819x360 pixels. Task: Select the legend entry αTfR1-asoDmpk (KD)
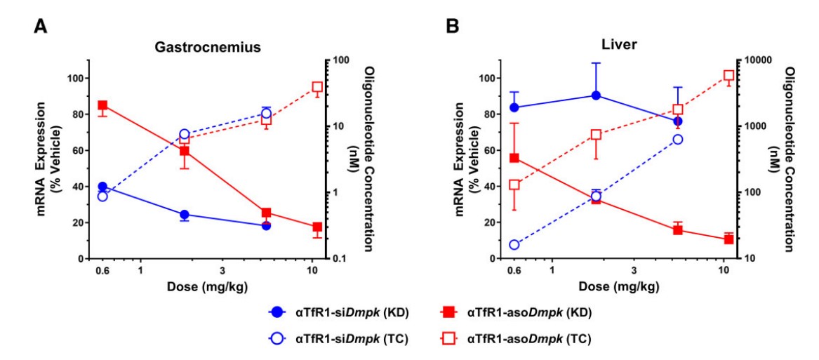point(519,312)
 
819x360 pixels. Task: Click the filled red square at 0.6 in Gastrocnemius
point(102,105)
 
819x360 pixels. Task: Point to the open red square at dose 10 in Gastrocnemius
point(317,87)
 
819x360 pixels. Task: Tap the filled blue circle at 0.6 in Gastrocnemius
point(102,187)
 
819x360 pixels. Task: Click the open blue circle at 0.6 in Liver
point(514,245)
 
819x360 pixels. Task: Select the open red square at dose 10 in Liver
point(728,75)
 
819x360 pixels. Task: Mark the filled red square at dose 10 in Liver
point(728,239)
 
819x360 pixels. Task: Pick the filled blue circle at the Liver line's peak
point(596,95)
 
